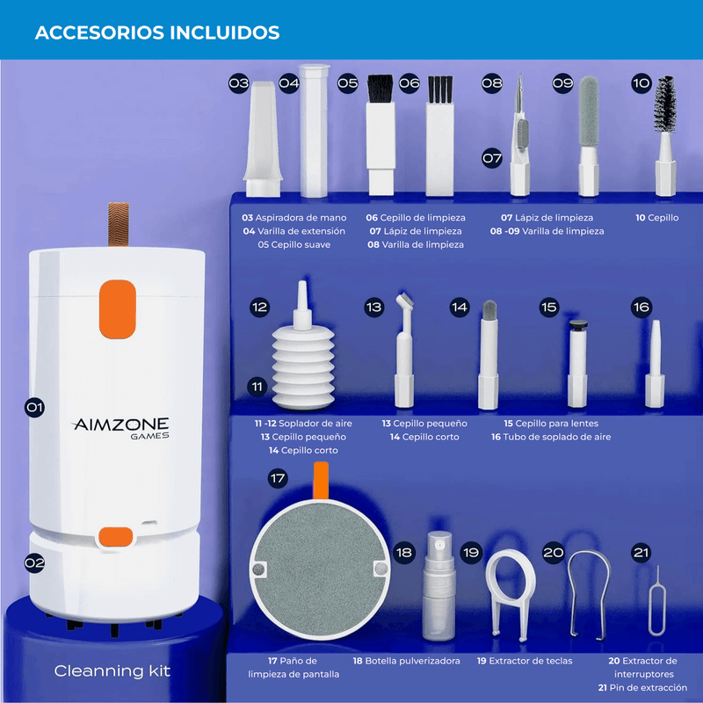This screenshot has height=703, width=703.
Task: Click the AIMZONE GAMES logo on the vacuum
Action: click(121, 429)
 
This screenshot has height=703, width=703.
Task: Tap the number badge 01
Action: click(34, 407)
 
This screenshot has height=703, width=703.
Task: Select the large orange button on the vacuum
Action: click(118, 309)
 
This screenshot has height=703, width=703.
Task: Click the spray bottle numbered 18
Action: click(438, 585)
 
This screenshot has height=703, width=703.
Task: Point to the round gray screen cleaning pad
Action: click(319, 568)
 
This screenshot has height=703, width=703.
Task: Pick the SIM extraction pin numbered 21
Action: click(657, 601)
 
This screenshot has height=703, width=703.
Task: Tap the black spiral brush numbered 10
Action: click(665, 104)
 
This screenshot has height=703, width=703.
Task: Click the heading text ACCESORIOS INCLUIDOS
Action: click(157, 33)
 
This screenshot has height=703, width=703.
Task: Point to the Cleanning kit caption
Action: click(112, 670)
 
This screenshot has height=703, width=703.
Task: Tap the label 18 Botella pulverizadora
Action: click(406, 661)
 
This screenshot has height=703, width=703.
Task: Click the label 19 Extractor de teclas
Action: click(525, 661)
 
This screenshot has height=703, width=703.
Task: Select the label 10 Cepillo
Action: click(656, 217)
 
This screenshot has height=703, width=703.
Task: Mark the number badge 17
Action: click(278, 478)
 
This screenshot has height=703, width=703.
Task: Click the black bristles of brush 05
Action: click(380, 88)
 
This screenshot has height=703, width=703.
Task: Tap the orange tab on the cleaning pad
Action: click(321, 481)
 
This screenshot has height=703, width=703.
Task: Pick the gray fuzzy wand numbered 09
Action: click(589, 112)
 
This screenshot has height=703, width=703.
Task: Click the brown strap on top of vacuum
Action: click(119, 224)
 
